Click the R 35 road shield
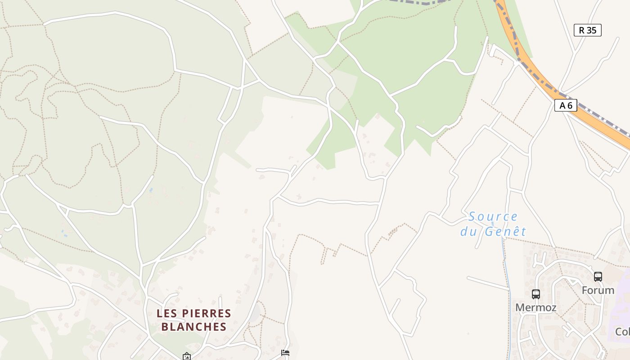587,30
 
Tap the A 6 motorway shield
566,105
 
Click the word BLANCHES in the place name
193,327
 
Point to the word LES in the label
166,313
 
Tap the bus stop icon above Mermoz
535,294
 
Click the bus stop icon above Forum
598,277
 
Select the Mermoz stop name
535,308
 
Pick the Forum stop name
598,290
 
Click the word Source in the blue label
493,217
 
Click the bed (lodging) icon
285,353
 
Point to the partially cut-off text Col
622,332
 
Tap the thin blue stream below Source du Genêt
507,270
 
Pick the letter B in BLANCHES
165,327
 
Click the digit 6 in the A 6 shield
570,105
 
